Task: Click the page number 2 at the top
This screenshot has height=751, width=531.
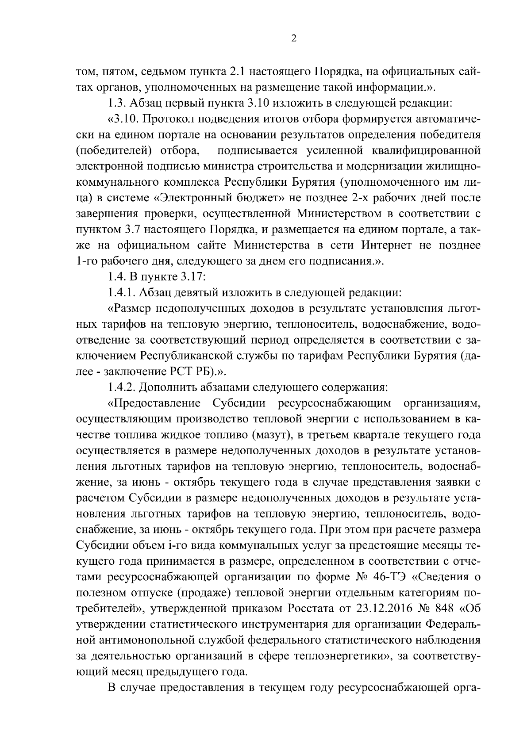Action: coord(294,39)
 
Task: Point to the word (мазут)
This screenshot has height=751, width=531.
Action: coord(271,435)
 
